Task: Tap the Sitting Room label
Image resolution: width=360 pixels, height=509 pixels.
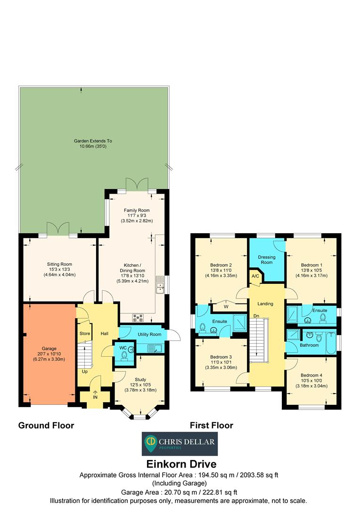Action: (59, 264)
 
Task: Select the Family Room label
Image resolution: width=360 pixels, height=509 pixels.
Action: (137, 210)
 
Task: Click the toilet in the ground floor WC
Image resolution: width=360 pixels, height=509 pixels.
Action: (124, 358)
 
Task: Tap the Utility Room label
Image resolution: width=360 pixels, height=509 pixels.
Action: (149, 334)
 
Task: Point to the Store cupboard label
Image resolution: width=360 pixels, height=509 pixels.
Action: (85, 334)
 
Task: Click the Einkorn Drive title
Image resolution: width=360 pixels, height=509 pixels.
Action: (180, 465)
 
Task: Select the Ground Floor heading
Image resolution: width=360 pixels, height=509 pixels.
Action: (46, 426)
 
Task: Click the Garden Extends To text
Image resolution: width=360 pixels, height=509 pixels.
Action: (93, 141)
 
